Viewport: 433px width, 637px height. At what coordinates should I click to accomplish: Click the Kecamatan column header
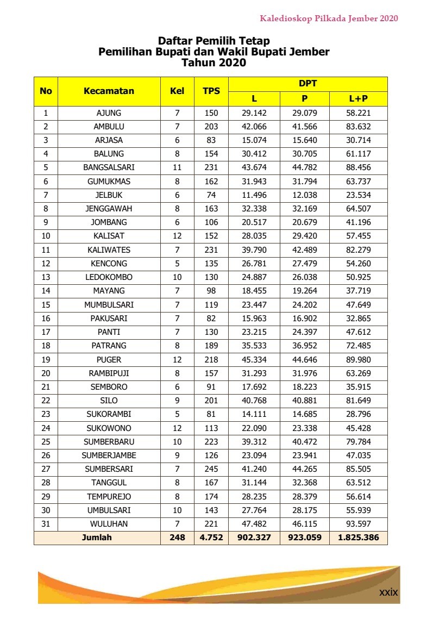click(109, 91)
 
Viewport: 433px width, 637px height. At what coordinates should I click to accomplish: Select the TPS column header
click(211, 91)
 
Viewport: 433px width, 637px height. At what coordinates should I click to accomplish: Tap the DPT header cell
click(308, 84)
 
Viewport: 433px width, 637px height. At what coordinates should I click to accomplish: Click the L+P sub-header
click(358, 98)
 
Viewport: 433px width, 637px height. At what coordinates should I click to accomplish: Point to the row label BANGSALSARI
click(109, 167)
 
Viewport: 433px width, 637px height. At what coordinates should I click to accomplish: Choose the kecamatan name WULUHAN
click(109, 524)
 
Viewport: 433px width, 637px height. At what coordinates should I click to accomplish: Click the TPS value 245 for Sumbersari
click(211, 469)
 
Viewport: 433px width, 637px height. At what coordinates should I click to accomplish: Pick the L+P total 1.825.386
click(358, 538)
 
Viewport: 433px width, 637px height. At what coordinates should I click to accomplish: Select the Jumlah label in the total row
click(97, 538)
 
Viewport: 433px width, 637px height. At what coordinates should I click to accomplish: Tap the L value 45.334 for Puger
click(254, 360)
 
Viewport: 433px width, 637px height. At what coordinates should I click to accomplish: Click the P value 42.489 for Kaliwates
click(304, 250)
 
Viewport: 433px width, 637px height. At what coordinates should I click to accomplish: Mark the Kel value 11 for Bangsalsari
click(177, 167)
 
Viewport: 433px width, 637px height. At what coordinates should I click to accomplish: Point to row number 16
click(46, 318)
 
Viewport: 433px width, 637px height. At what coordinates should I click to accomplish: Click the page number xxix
click(388, 592)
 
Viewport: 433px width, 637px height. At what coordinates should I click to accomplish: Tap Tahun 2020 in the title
click(214, 63)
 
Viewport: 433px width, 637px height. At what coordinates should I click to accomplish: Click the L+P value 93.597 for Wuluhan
click(358, 524)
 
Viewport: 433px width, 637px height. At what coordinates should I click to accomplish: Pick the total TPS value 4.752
click(211, 538)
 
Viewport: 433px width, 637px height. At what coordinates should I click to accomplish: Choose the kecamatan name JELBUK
click(109, 195)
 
